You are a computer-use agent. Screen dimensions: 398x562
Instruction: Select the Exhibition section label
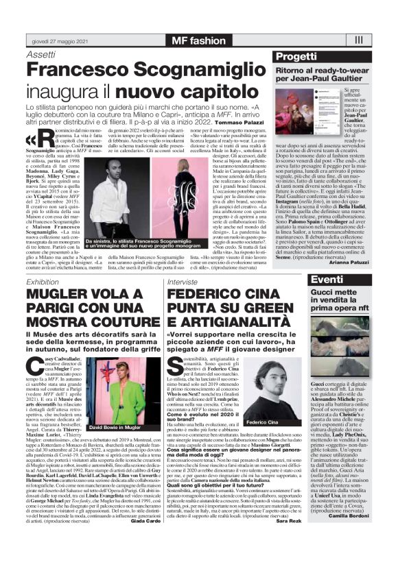(x=43, y=281)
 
